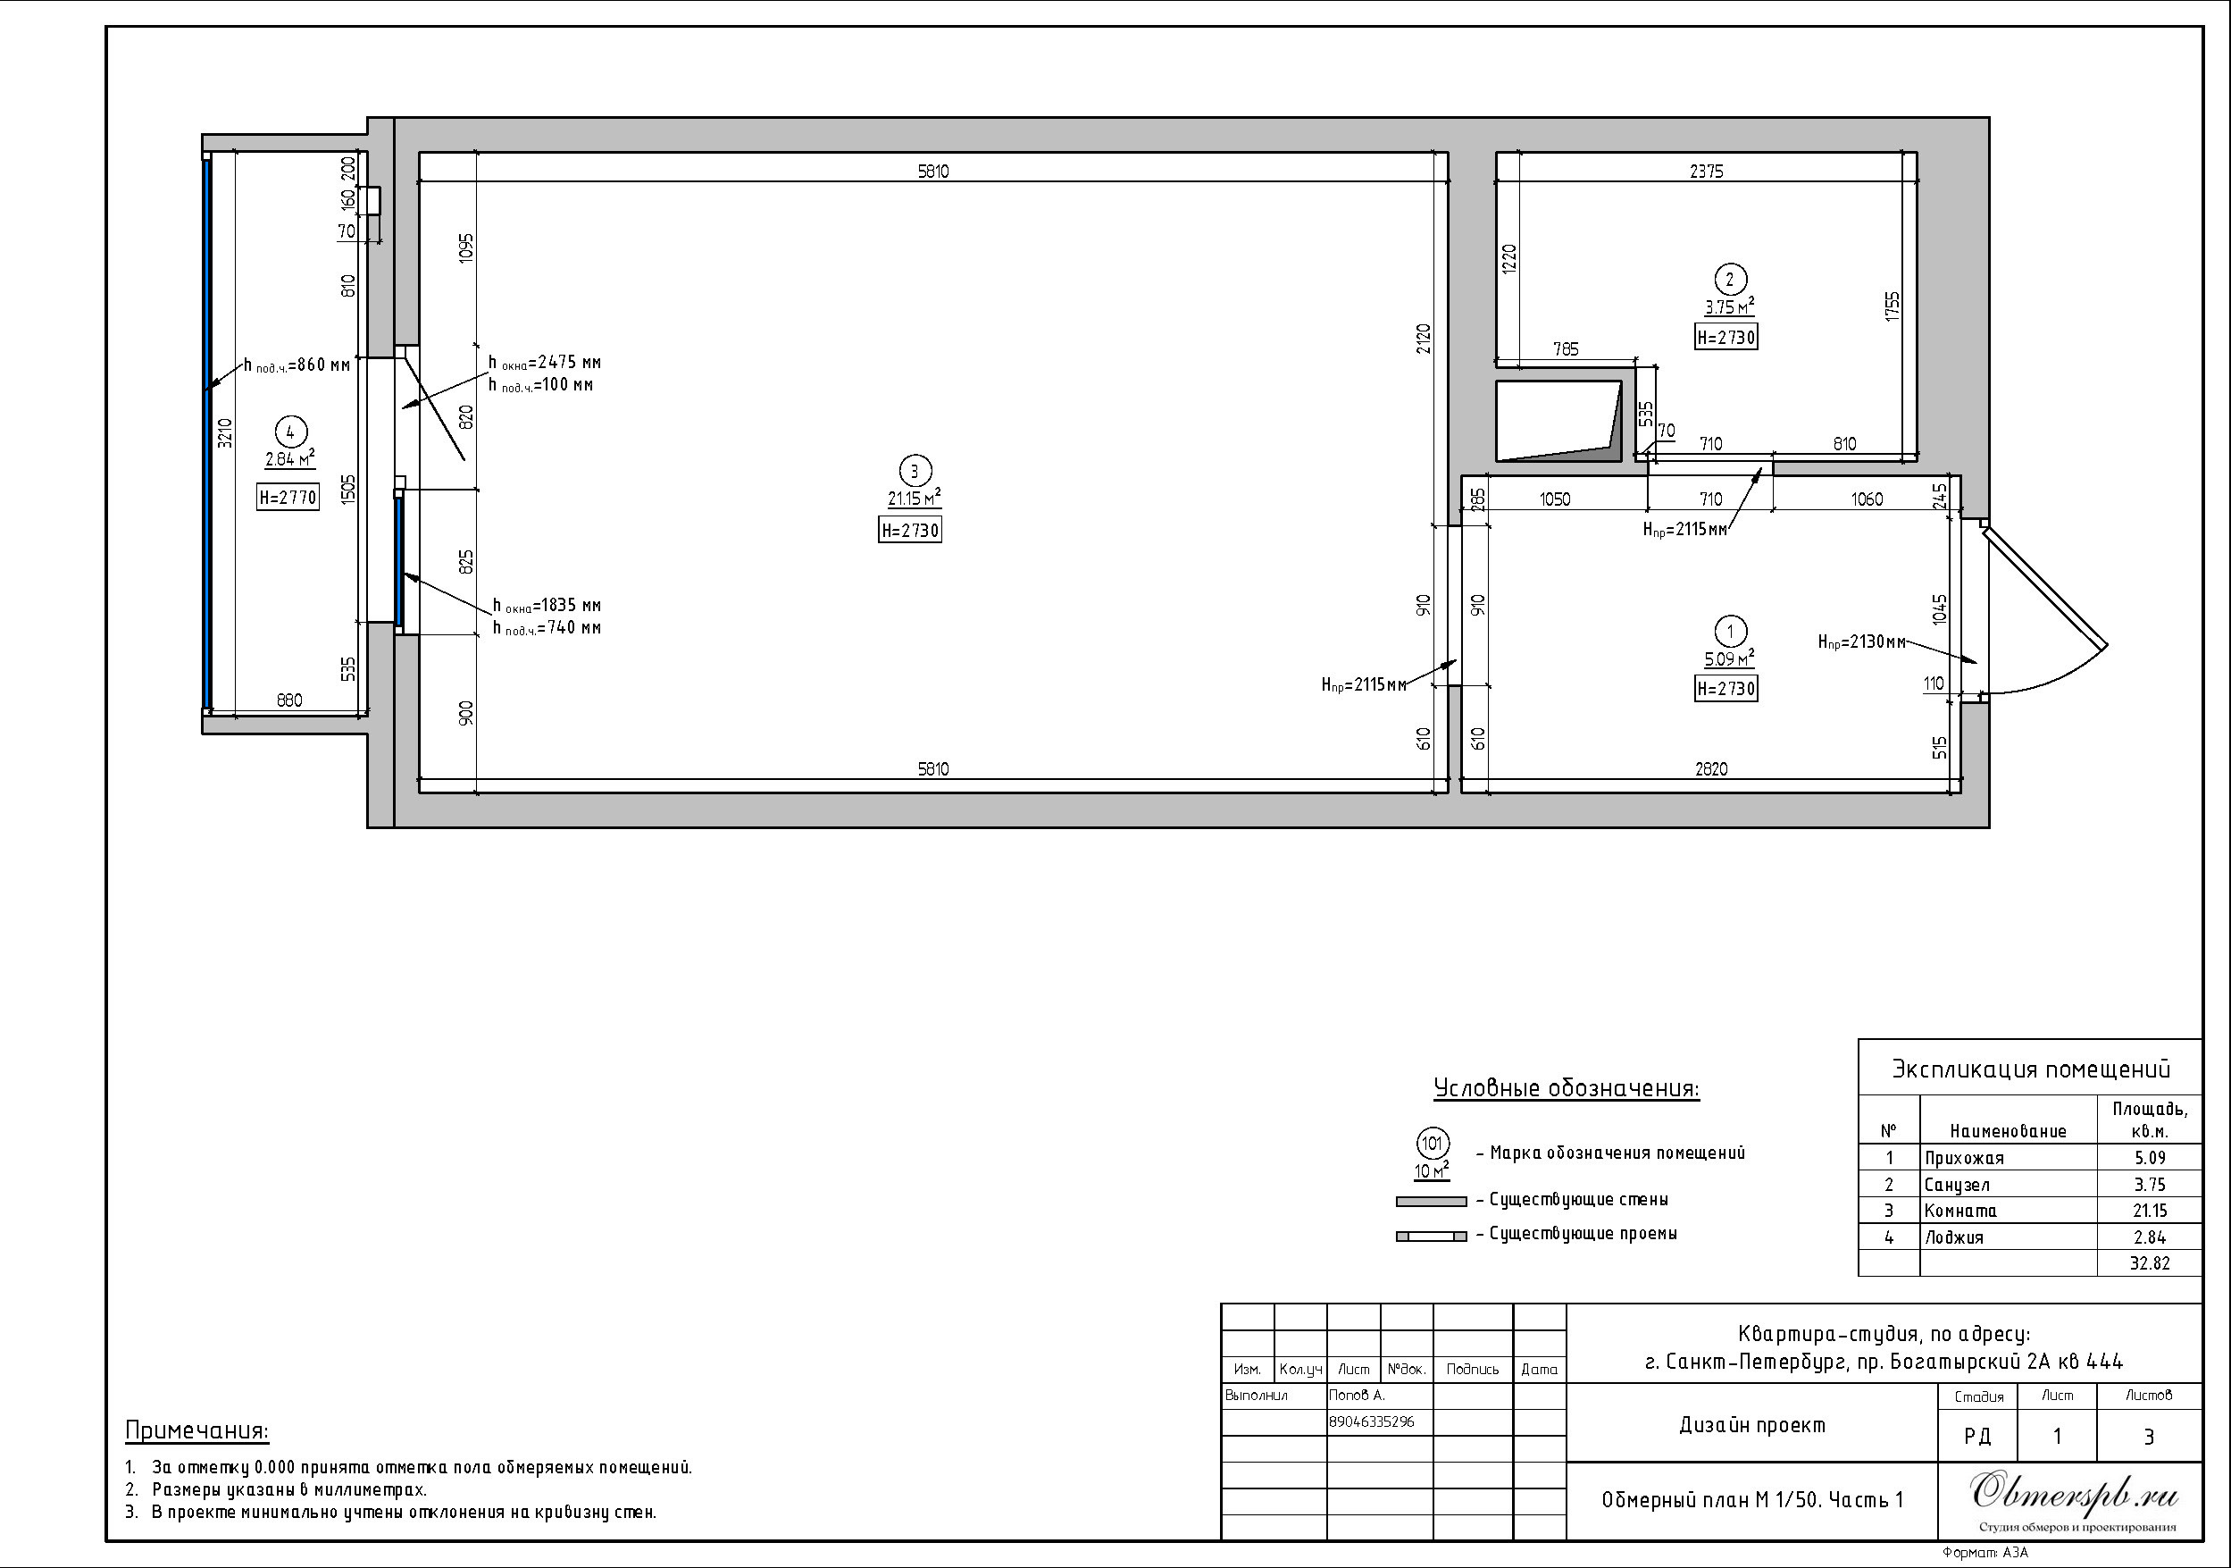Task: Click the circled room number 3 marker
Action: (914, 472)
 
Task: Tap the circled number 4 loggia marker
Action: (290, 432)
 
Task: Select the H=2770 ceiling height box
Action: (288, 497)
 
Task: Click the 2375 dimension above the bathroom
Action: (1706, 171)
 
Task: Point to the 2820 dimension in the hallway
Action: (1711, 769)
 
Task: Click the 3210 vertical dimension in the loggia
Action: (224, 432)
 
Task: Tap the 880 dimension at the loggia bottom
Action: (289, 700)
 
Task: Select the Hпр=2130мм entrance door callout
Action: (1860, 642)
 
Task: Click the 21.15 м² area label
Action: (915, 499)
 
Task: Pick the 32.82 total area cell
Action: (2150, 1263)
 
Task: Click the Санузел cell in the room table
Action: (1957, 1185)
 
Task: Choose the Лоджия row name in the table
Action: (1954, 1237)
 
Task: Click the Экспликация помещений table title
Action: (2031, 1070)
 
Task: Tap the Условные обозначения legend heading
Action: (1567, 1089)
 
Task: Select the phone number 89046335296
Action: (1371, 1422)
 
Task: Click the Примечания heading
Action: (197, 1431)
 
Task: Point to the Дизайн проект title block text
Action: (1752, 1425)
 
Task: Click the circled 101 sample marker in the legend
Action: (1433, 1144)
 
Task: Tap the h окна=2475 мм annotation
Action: (544, 363)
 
